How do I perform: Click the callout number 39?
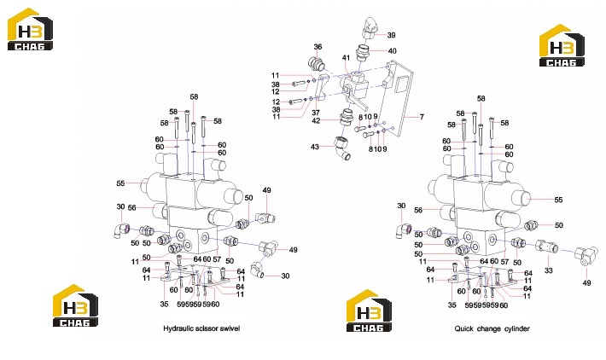coord(391,35)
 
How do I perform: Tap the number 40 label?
coord(392,51)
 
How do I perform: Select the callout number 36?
coord(318,47)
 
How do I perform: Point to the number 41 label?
coord(346,57)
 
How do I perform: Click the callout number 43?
coord(315,147)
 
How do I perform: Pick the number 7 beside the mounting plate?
coord(422,117)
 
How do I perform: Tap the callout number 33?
coord(549,270)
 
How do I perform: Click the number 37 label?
coord(316,113)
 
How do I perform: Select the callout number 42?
coord(316,120)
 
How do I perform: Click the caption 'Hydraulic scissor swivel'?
coord(201,328)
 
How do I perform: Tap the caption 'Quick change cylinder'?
coord(492,328)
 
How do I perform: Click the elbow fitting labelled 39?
coord(370,27)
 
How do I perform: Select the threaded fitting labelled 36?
coord(316,63)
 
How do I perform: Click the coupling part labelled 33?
coord(546,246)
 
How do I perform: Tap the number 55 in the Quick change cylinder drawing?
coord(558,200)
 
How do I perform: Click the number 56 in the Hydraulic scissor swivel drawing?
coord(131,208)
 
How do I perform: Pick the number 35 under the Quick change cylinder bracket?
coord(452,305)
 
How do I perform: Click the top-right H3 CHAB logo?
coord(562,45)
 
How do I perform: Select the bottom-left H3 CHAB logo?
coord(75,305)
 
